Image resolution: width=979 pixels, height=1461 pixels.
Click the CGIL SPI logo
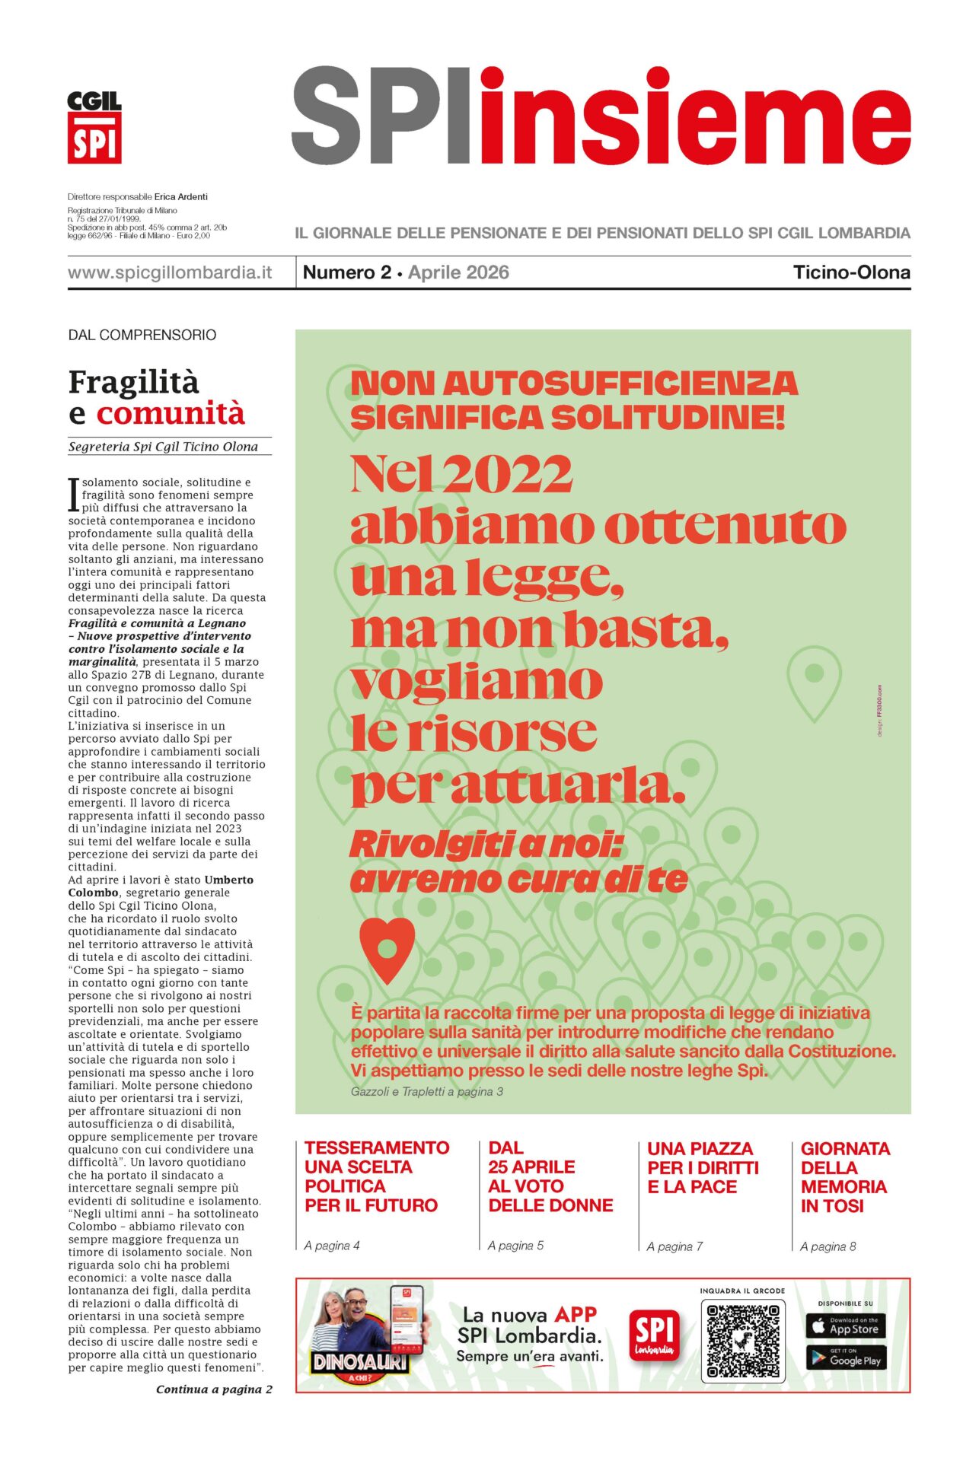(94, 127)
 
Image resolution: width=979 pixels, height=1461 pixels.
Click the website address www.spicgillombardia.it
(169, 272)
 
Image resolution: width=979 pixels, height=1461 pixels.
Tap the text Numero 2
(346, 272)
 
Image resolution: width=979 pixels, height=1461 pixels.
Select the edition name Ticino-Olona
(851, 272)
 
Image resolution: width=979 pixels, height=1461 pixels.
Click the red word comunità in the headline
(171, 414)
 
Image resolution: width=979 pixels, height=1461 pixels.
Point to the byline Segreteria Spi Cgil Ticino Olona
(163, 447)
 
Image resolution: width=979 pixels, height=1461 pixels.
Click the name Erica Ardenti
(181, 196)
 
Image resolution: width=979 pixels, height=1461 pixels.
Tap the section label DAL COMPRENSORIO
(142, 335)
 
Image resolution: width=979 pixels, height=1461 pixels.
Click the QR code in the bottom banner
(743, 1342)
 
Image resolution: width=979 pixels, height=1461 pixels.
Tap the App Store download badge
(845, 1326)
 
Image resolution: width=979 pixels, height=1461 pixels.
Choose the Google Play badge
(845, 1358)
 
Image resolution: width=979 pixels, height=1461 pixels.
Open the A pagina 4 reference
(332, 1246)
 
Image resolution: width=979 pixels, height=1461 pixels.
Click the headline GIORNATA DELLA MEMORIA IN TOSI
(843, 1177)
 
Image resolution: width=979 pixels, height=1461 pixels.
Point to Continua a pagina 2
(214, 1389)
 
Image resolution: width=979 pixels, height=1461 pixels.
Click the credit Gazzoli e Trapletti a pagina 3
(427, 1091)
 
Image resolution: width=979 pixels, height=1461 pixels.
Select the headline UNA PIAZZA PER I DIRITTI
(703, 1167)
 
